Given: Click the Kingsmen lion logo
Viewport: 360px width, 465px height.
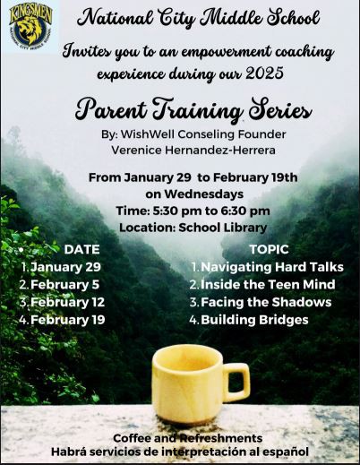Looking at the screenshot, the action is tap(30, 27).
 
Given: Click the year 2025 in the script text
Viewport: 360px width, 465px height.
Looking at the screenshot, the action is tap(264, 73).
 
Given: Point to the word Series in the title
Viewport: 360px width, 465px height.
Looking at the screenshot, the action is tap(280, 110).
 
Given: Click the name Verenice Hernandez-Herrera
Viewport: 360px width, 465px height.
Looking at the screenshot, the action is tap(193, 150).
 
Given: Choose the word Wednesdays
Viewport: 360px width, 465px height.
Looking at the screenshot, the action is tap(203, 194).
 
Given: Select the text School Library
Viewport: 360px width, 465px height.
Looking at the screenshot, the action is tap(223, 228).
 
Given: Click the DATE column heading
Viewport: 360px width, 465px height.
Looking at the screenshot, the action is tap(81, 250).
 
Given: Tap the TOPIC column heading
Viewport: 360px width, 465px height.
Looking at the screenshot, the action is tap(270, 250).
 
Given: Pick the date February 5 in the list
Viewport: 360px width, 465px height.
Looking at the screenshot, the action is tap(64, 285).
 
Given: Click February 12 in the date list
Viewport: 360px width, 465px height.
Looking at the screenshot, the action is tap(67, 302).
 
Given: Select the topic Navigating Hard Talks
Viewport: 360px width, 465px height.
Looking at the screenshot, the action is tap(272, 267).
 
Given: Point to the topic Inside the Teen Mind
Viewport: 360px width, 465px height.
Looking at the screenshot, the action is tap(268, 284).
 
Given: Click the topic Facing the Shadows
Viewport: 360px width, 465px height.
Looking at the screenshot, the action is tap(266, 302).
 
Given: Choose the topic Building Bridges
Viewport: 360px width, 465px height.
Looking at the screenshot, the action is tap(254, 320).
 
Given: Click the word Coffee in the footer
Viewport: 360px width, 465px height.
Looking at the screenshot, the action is tap(133, 438).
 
